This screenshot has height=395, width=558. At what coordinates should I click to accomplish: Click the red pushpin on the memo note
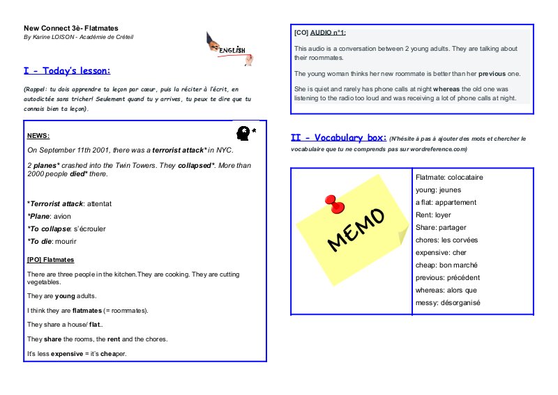click(x=336, y=203)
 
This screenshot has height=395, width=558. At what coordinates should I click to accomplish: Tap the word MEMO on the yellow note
click(x=356, y=229)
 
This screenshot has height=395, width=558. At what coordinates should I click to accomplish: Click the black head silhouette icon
click(x=243, y=132)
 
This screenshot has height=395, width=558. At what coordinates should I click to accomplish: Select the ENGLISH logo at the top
click(x=229, y=49)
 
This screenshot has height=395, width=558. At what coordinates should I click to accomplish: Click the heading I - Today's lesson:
click(x=67, y=71)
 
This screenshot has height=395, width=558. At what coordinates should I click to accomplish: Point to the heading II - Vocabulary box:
click(x=338, y=137)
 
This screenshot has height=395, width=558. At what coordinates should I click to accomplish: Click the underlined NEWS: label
click(x=38, y=136)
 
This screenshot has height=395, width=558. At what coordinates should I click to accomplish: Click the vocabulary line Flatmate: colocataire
click(x=449, y=177)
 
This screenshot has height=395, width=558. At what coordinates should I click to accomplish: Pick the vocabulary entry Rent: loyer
click(x=433, y=215)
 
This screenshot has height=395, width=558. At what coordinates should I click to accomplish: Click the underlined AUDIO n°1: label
click(x=328, y=33)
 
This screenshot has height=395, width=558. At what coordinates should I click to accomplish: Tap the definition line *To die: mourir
click(x=52, y=241)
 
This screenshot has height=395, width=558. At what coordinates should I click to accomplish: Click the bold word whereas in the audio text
click(x=447, y=89)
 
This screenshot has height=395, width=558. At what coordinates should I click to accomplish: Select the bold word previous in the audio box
click(x=492, y=73)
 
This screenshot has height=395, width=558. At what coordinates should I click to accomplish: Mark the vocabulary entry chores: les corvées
click(x=446, y=240)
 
